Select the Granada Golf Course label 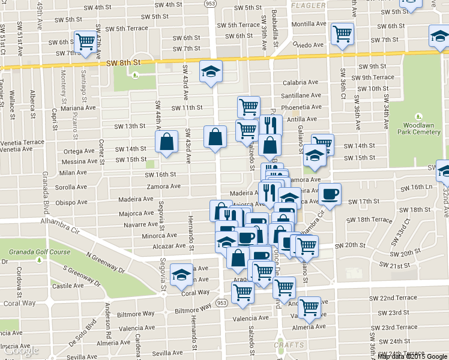point(35,252)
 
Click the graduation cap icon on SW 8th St point(211,72)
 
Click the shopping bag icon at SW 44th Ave point(166,142)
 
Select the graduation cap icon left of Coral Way point(180,275)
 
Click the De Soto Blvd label point(85,332)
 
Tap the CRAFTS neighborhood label point(289,345)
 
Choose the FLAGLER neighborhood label point(308,5)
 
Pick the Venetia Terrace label point(22,142)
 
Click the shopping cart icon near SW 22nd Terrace point(309,307)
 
